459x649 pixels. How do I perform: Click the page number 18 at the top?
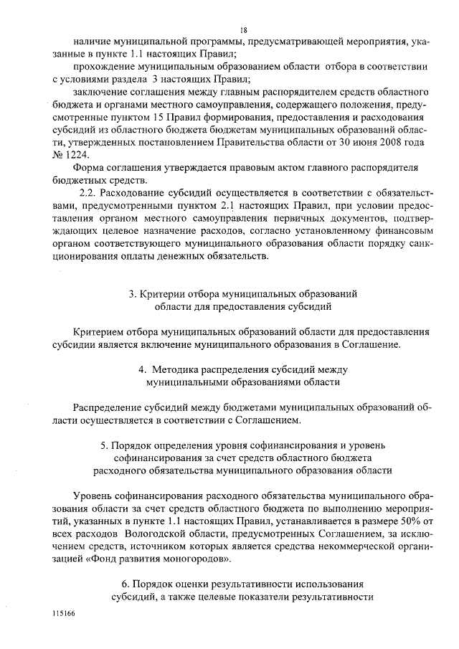(244, 29)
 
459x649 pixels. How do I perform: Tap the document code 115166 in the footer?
(64, 615)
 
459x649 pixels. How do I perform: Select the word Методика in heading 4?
(179, 369)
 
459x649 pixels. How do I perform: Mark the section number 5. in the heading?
(105, 445)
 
